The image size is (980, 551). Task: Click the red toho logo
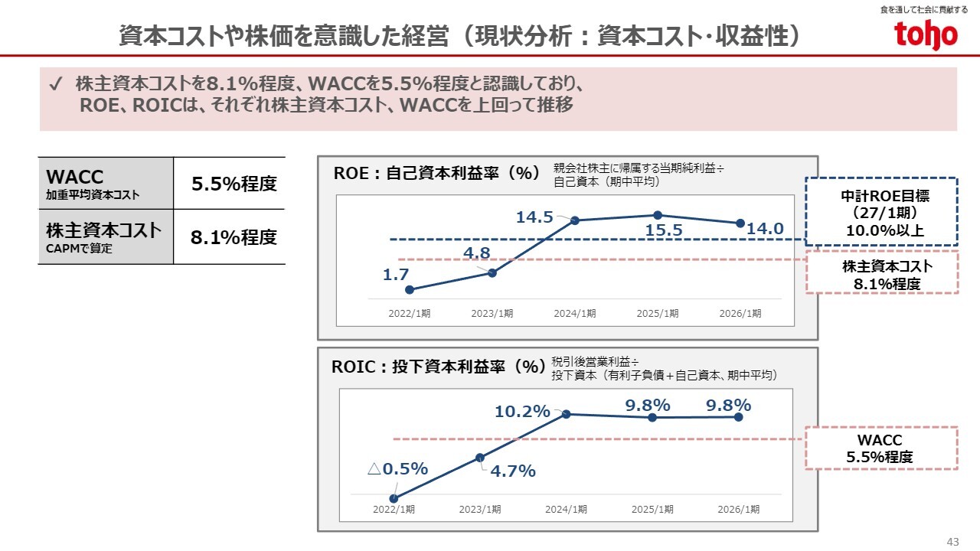coord(926,34)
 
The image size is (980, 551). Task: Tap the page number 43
coord(952,542)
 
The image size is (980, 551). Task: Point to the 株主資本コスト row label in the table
coord(105,236)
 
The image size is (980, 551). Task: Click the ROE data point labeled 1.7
coord(410,289)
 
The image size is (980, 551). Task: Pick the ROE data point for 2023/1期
coord(492,272)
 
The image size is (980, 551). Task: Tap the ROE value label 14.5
coord(534,217)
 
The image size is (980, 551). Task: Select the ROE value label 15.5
coord(664,230)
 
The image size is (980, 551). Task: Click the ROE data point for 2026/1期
coord(740,223)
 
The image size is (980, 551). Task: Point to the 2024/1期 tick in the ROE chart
coord(575,313)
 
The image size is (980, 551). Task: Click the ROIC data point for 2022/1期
coord(394,498)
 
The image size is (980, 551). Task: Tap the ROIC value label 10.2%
coord(522,412)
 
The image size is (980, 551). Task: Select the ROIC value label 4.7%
coord(513,471)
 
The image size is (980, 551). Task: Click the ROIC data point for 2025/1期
coord(652,417)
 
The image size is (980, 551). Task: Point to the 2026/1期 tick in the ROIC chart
coord(738,509)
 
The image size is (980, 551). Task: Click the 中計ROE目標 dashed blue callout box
coord(881,212)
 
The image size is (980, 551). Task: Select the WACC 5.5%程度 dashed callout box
coord(880,448)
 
